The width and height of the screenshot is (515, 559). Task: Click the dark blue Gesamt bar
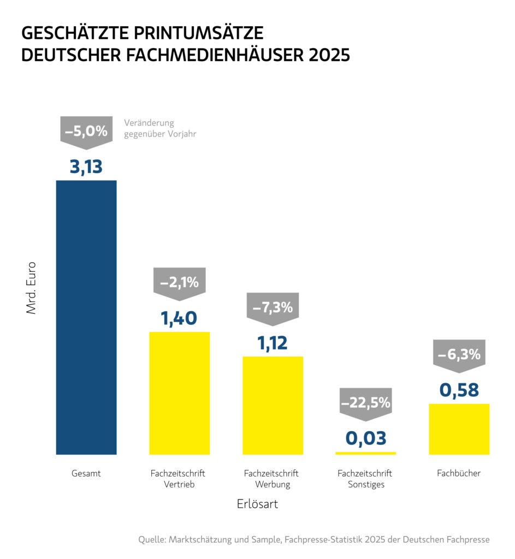pyautogui.click(x=86, y=317)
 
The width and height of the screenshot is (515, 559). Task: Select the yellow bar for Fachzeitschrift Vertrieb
pyautogui.click(x=180, y=393)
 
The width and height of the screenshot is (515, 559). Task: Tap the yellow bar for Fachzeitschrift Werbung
pyautogui.click(x=273, y=405)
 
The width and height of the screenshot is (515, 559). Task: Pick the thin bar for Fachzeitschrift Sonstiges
pyautogui.click(x=365, y=453)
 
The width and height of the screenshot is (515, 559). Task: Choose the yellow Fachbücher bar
pyautogui.click(x=459, y=429)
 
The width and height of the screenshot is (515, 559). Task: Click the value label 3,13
pyautogui.click(x=86, y=166)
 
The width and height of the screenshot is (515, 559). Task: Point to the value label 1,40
pyautogui.click(x=179, y=318)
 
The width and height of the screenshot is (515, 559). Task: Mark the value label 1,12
pyautogui.click(x=273, y=343)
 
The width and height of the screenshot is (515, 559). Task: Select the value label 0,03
pyautogui.click(x=365, y=438)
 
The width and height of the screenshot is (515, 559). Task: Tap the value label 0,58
pyautogui.click(x=459, y=390)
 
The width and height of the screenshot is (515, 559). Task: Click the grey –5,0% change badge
pyautogui.click(x=86, y=132)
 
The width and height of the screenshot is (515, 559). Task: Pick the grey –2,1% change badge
pyautogui.click(x=179, y=283)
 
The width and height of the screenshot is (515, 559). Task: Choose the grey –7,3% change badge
pyautogui.click(x=273, y=307)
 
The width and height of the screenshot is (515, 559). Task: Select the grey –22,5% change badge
pyautogui.click(x=365, y=403)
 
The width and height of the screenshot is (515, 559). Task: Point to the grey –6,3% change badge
pyautogui.click(x=459, y=354)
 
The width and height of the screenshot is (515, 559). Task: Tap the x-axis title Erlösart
pyautogui.click(x=257, y=504)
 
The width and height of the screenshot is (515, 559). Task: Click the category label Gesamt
pyautogui.click(x=86, y=473)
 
